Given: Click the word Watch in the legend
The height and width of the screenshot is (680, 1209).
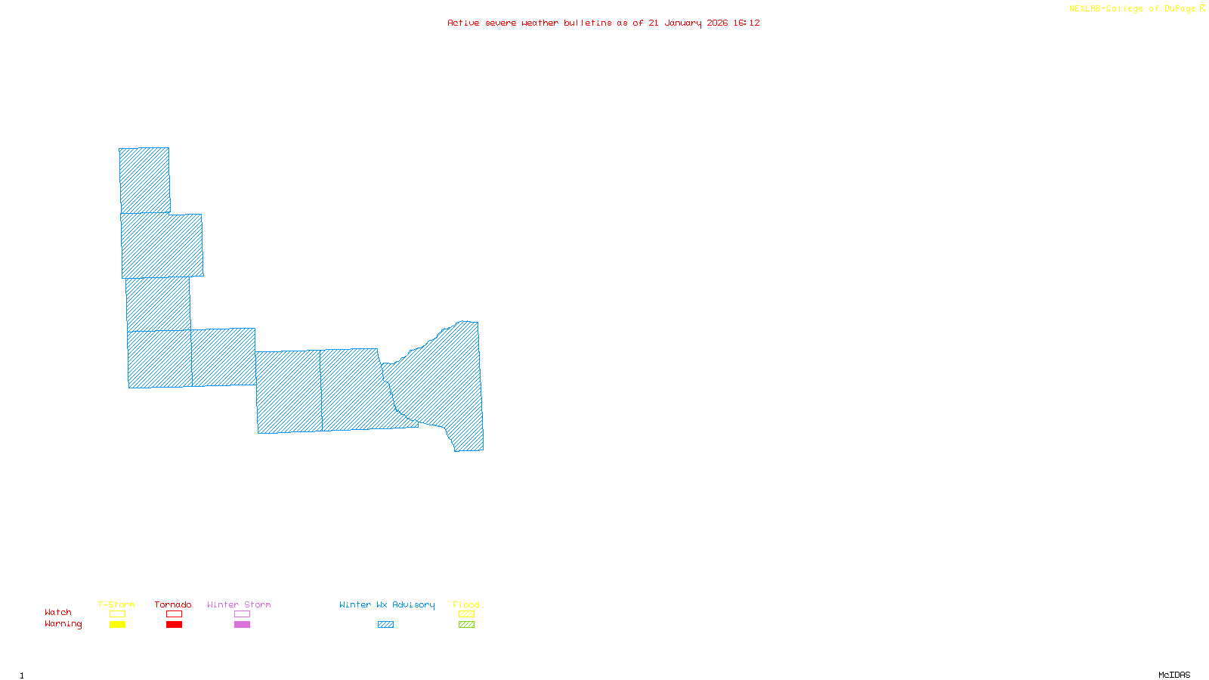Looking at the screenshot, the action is coord(58,612).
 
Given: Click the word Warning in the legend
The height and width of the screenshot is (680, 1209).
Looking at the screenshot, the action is coord(63,624).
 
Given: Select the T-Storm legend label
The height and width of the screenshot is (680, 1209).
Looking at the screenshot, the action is coord(116,604).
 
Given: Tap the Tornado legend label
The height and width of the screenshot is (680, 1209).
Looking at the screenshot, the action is coord(173,604).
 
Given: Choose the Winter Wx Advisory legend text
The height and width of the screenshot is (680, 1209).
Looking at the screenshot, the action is coord(387,604).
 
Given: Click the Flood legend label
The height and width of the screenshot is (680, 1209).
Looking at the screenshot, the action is coord(466,604).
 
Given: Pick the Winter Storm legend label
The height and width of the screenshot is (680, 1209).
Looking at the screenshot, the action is coord(239,604).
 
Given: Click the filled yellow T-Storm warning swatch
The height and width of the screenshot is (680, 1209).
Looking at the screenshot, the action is coord(117,625).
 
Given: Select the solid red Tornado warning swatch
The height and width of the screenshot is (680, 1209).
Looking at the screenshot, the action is coord(174,625).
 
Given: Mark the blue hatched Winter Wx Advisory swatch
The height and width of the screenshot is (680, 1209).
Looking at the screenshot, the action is coord(385,625).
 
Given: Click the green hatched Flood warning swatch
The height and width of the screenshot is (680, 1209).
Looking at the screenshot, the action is coord(466,625).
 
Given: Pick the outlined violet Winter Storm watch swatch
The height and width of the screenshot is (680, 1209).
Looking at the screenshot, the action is coord(242,614).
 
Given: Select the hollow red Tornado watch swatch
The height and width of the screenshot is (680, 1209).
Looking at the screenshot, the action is coord(174,614).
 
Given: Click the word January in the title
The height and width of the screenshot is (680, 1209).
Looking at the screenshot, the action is coord(683,23).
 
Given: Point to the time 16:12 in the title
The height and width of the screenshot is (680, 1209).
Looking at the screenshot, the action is coord(747,23).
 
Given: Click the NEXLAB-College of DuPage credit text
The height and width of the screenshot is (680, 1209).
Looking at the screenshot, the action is coord(1133,9).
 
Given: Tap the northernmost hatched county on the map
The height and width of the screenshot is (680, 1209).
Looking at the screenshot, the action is coord(144,181).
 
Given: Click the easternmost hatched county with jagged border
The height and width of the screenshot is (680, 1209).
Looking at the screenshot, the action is coord(446,378).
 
